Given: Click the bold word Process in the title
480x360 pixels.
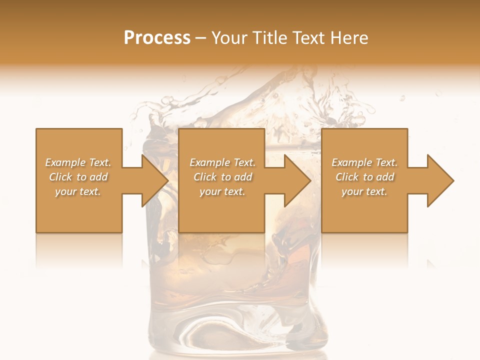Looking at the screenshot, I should [x=157, y=38].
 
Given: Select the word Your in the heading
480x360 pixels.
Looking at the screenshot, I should [x=229, y=38].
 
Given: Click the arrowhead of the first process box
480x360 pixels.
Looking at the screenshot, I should [x=155, y=180].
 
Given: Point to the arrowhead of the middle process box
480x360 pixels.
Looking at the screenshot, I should [x=298, y=180].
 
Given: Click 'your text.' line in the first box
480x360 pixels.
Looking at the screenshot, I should [x=78, y=191].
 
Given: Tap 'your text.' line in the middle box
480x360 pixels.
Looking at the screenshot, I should [x=222, y=191].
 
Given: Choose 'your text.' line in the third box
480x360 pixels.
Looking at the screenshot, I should [x=364, y=191].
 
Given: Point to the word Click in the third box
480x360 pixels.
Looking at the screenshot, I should [x=347, y=177].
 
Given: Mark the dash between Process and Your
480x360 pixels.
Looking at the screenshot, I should [x=201, y=38].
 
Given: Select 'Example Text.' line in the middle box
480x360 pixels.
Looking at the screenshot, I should [x=222, y=162].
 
